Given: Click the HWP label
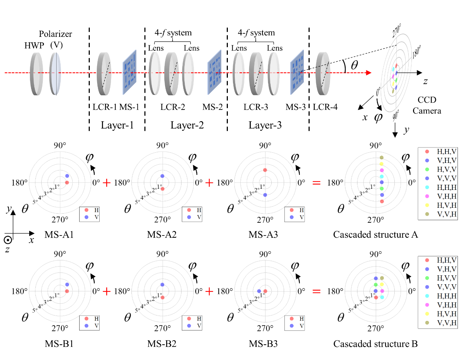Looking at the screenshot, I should pos(34,45).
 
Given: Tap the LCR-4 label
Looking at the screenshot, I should pos(325,107).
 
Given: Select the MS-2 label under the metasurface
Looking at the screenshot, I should pos(213,107).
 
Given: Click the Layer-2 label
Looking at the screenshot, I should pos(187,125).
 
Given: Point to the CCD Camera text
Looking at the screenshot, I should pos(427,105).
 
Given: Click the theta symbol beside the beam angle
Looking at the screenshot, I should pos(354,65).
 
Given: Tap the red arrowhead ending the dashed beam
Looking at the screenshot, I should pos(369,73).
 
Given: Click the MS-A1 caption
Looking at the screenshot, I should pos(59,234).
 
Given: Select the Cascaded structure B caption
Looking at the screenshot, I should pos(375,344).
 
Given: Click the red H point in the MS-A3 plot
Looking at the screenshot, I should pos(265,170).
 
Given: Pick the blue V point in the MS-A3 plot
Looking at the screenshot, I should pos(265,195).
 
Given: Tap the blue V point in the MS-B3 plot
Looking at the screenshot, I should pos(259,291).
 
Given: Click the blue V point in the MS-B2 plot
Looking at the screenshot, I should pos(162,285).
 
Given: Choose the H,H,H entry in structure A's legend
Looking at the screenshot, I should pos(447,187).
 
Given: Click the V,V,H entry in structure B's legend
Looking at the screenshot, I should pos(447,323).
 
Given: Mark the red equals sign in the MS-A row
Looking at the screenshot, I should pos(317,183).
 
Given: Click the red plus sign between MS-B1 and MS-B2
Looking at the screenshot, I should pos(107,291).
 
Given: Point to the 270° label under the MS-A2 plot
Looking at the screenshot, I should pos(162,220).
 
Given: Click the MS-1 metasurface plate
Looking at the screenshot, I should pos(129,72).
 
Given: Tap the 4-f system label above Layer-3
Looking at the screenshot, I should pos(256,33).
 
